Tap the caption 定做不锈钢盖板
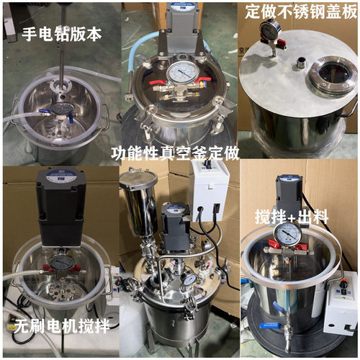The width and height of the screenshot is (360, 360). coord(301,12)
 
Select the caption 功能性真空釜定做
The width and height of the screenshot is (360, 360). coord(175,153)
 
